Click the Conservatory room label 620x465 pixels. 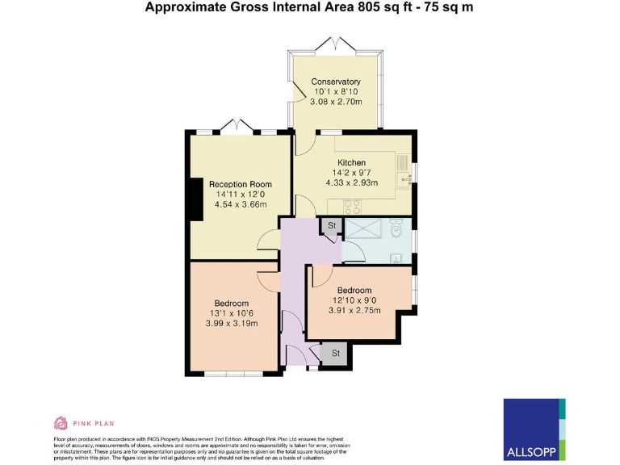[x=336, y=82]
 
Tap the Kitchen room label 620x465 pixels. [x=351, y=162]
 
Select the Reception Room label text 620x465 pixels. [x=240, y=184]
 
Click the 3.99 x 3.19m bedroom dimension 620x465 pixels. [x=231, y=324]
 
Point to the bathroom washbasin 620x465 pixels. [x=396, y=258]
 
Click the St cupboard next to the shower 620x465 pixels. [x=330, y=226]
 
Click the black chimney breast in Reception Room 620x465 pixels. [x=195, y=199]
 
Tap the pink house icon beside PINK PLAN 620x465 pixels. [x=60, y=422]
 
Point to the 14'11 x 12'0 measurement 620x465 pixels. [x=240, y=195]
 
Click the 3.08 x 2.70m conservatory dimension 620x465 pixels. [x=338, y=103]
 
